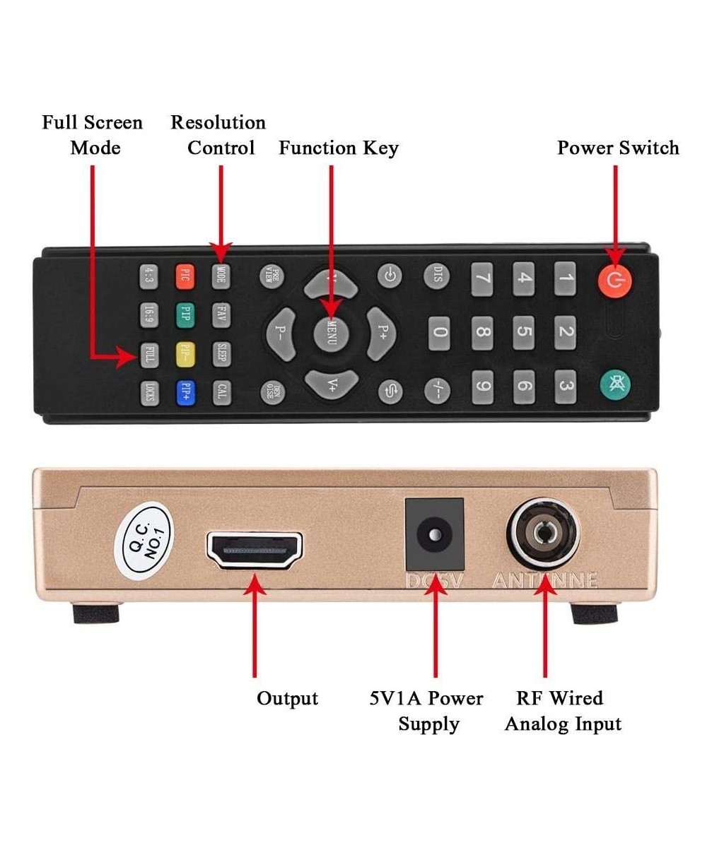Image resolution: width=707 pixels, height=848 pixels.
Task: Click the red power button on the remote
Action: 614,281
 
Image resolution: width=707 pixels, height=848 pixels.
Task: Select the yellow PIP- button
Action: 185,355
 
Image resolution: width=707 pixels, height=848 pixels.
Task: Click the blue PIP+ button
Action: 185,391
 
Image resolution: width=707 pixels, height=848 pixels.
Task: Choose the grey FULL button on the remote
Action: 148,355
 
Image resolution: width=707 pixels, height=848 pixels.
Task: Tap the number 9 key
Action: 481,387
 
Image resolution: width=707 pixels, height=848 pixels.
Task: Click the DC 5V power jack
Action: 433,536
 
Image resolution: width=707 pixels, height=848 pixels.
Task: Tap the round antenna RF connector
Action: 543,535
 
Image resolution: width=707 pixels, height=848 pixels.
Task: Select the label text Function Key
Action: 339,148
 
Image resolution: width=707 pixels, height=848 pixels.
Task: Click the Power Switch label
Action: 618,148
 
